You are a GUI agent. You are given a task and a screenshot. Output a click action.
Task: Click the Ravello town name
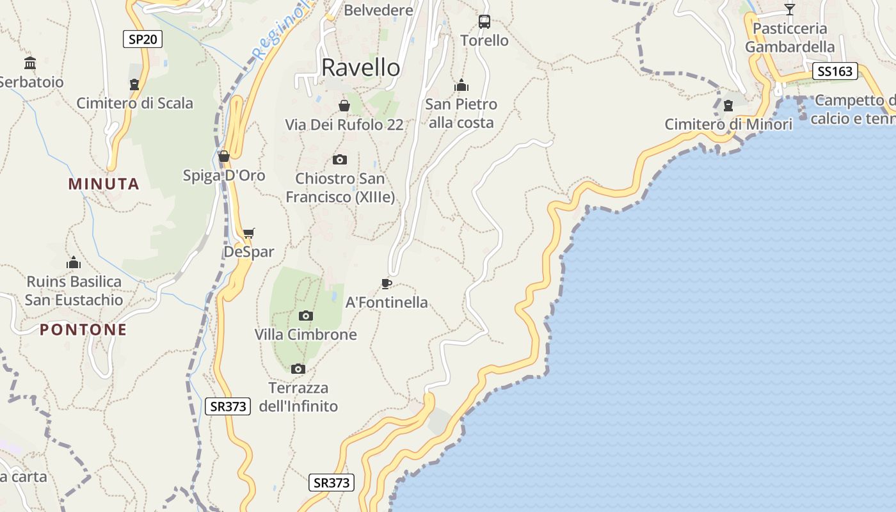tap(361, 67)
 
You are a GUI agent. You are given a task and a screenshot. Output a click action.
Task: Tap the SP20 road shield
tap(143, 40)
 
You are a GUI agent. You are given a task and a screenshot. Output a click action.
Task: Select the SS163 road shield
tap(835, 71)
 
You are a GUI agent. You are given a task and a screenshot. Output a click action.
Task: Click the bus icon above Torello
tap(484, 22)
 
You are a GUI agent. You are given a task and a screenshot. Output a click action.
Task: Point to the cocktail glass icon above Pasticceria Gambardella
tap(790, 10)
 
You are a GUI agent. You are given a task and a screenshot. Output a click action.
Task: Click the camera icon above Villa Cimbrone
tap(306, 316)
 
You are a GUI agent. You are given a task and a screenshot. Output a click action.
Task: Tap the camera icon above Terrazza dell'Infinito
tap(298, 369)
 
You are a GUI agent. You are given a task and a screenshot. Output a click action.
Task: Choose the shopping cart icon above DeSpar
tap(248, 233)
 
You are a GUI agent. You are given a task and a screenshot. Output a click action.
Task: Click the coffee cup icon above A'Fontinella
tap(386, 284)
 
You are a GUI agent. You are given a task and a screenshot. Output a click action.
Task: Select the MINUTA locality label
tap(104, 184)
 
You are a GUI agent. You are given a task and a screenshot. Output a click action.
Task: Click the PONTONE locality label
tap(83, 330)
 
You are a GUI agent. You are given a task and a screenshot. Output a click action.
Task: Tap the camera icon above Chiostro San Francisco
tap(340, 159)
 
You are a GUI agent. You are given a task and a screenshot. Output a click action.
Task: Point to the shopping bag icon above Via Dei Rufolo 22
tap(344, 106)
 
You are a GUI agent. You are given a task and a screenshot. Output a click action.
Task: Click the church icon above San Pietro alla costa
tap(461, 85)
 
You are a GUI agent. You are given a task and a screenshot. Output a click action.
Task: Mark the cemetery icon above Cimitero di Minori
tap(728, 106)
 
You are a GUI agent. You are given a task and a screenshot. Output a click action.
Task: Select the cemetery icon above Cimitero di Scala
tap(134, 84)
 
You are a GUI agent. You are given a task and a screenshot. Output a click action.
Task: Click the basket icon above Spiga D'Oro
tap(224, 156)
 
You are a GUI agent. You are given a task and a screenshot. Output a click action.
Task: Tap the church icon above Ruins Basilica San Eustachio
tap(74, 262)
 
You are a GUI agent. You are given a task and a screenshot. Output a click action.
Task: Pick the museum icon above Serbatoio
tap(30, 63)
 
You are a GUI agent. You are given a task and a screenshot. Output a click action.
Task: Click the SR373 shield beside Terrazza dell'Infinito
tap(228, 406)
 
